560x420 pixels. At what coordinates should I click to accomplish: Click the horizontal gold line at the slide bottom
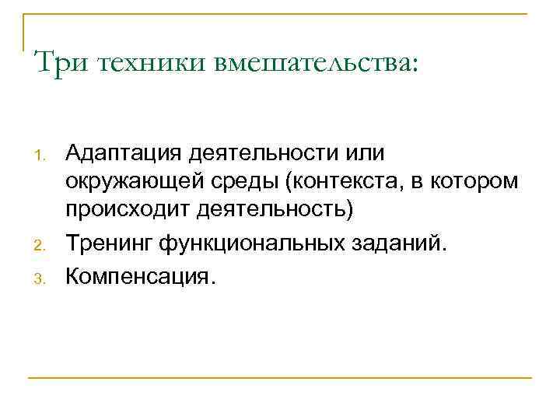point(280,378)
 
